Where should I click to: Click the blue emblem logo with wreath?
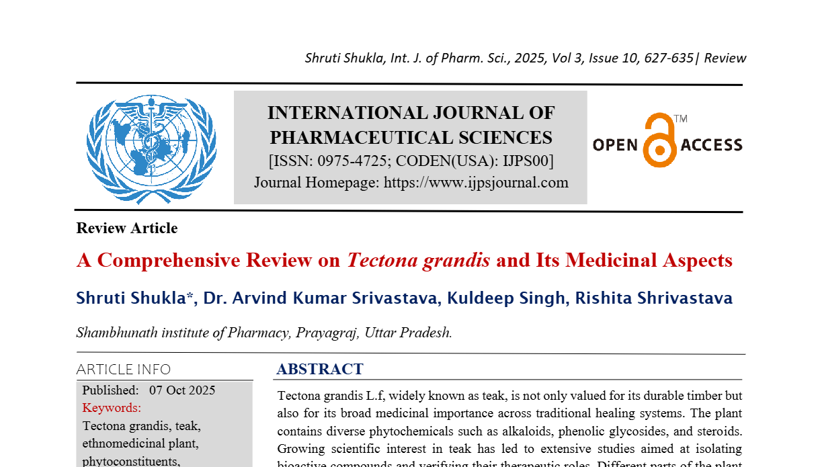[151, 148]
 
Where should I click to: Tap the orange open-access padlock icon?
[659, 140]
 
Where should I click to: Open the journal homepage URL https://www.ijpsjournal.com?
[476, 182]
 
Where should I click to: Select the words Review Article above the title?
[127, 228]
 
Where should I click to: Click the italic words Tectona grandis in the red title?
[418, 261]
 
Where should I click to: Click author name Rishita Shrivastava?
[654, 298]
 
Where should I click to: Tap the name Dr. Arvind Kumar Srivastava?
[319, 298]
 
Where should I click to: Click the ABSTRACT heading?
[320, 369]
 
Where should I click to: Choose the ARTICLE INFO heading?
[124, 370]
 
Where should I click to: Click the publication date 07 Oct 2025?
[182, 390]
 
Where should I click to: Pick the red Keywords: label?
[112, 408]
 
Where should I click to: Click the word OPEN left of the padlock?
[615, 144]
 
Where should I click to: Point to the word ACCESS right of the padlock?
[712, 144]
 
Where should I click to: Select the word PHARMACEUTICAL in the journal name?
[354, 138]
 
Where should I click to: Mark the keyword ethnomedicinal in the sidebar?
[122, 443]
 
